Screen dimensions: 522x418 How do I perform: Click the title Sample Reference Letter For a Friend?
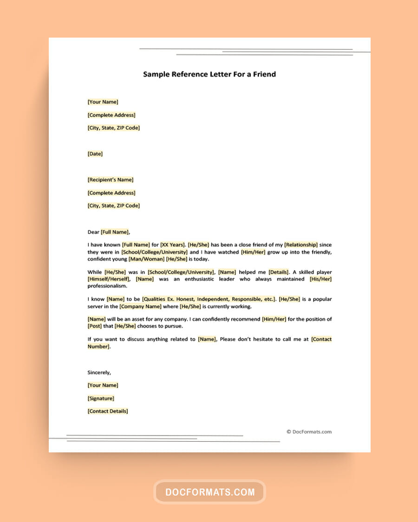point(209,74)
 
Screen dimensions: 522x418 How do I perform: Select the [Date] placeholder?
point(95,154)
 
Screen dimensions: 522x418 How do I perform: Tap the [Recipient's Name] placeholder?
point(110,180)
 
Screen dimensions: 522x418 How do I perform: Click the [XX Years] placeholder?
point(173,245)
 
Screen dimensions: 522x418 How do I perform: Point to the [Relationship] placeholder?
point(301,245)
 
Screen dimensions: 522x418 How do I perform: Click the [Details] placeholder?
point(279,272)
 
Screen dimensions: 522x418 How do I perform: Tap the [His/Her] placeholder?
point(320,279)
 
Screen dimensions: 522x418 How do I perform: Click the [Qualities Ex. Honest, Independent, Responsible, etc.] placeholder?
point(209,299)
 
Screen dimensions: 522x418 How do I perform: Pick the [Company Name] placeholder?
point(141,307)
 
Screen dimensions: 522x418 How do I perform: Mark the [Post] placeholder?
point(95,327)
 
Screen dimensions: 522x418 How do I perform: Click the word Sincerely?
point(99,372)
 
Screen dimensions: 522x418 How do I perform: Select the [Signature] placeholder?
point(101,398)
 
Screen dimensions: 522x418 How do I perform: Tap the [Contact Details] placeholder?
point(108,411)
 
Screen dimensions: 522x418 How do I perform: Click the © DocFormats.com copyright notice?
point(309,432)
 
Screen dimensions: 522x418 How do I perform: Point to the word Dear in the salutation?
point(93,232)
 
